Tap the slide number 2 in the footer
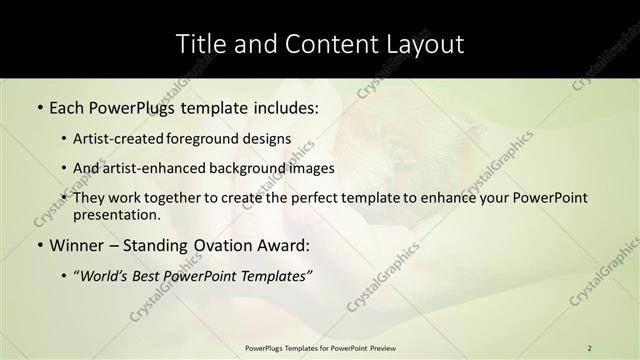pos(590,347)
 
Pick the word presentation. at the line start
pos(116,215)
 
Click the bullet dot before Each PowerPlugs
pos(39,107)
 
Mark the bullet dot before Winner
pos(39,246)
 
